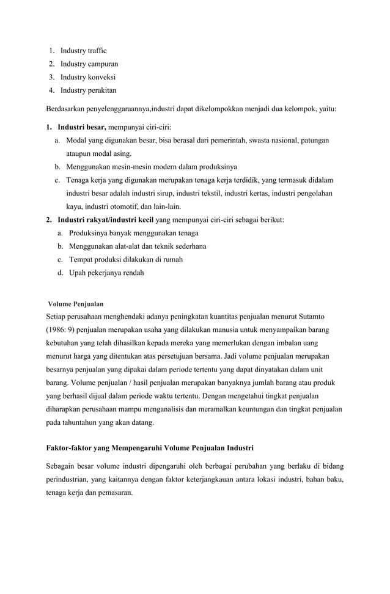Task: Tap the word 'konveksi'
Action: (x=101, y=77)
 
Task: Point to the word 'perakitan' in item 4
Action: (x=101, y=90)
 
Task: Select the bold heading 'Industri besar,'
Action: (x=82, y=127)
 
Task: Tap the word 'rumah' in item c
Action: (x=173, y=259)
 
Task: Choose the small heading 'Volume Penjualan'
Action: (x=76, y=304)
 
